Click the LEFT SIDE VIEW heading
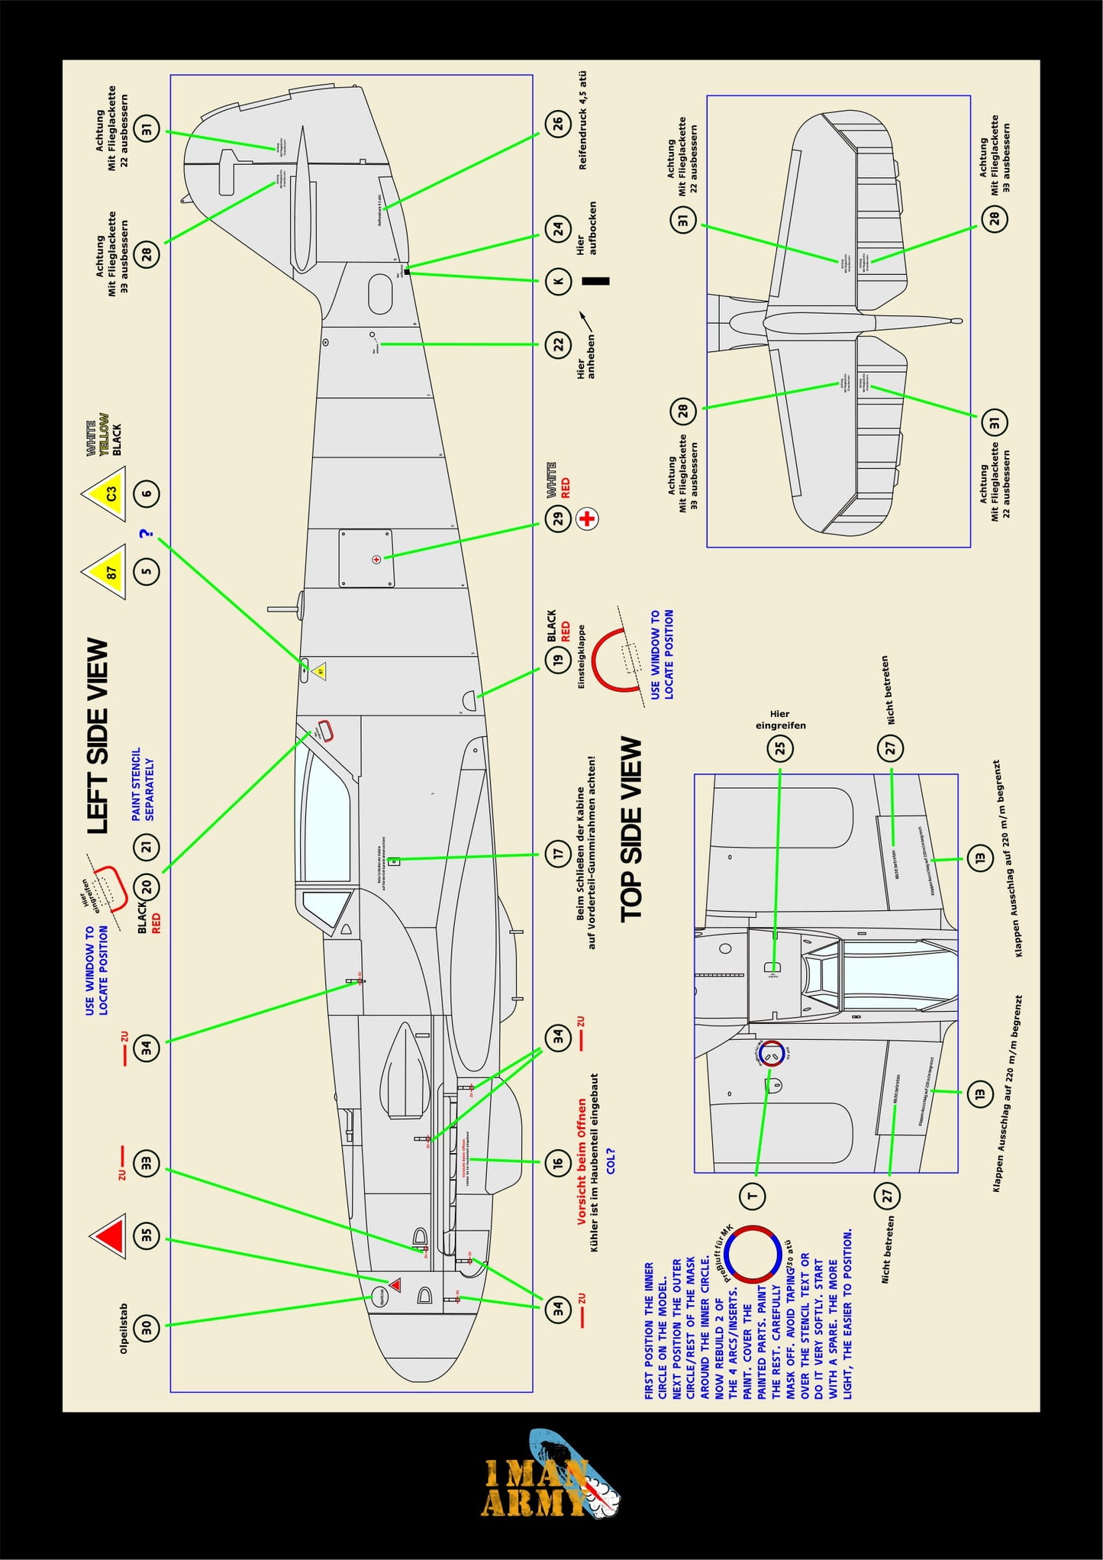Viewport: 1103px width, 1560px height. pos(98,736)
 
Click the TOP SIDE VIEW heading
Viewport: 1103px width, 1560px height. pos(631,829)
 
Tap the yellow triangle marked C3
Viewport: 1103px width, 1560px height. pos(107,493)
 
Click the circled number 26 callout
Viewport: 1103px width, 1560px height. pos(558,123)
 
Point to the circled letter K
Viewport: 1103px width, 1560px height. pos(558,281)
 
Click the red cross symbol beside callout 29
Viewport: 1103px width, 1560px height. pos(587,518)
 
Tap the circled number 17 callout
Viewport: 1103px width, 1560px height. pos(558,853)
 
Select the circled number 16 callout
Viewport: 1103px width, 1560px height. pos(558,1162)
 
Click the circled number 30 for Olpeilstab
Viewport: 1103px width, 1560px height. pos(147,1328)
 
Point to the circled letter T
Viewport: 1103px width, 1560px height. pos(752,1196)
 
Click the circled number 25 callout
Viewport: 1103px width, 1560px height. pos(780,748)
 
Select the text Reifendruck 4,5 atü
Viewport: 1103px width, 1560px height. pos(582,120)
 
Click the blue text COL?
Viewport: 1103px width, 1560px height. pos(610,1161)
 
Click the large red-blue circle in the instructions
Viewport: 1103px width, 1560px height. pos(752,1255)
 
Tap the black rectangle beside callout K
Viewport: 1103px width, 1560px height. pos(595,281)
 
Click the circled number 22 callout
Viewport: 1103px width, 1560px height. pos(558,344)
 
